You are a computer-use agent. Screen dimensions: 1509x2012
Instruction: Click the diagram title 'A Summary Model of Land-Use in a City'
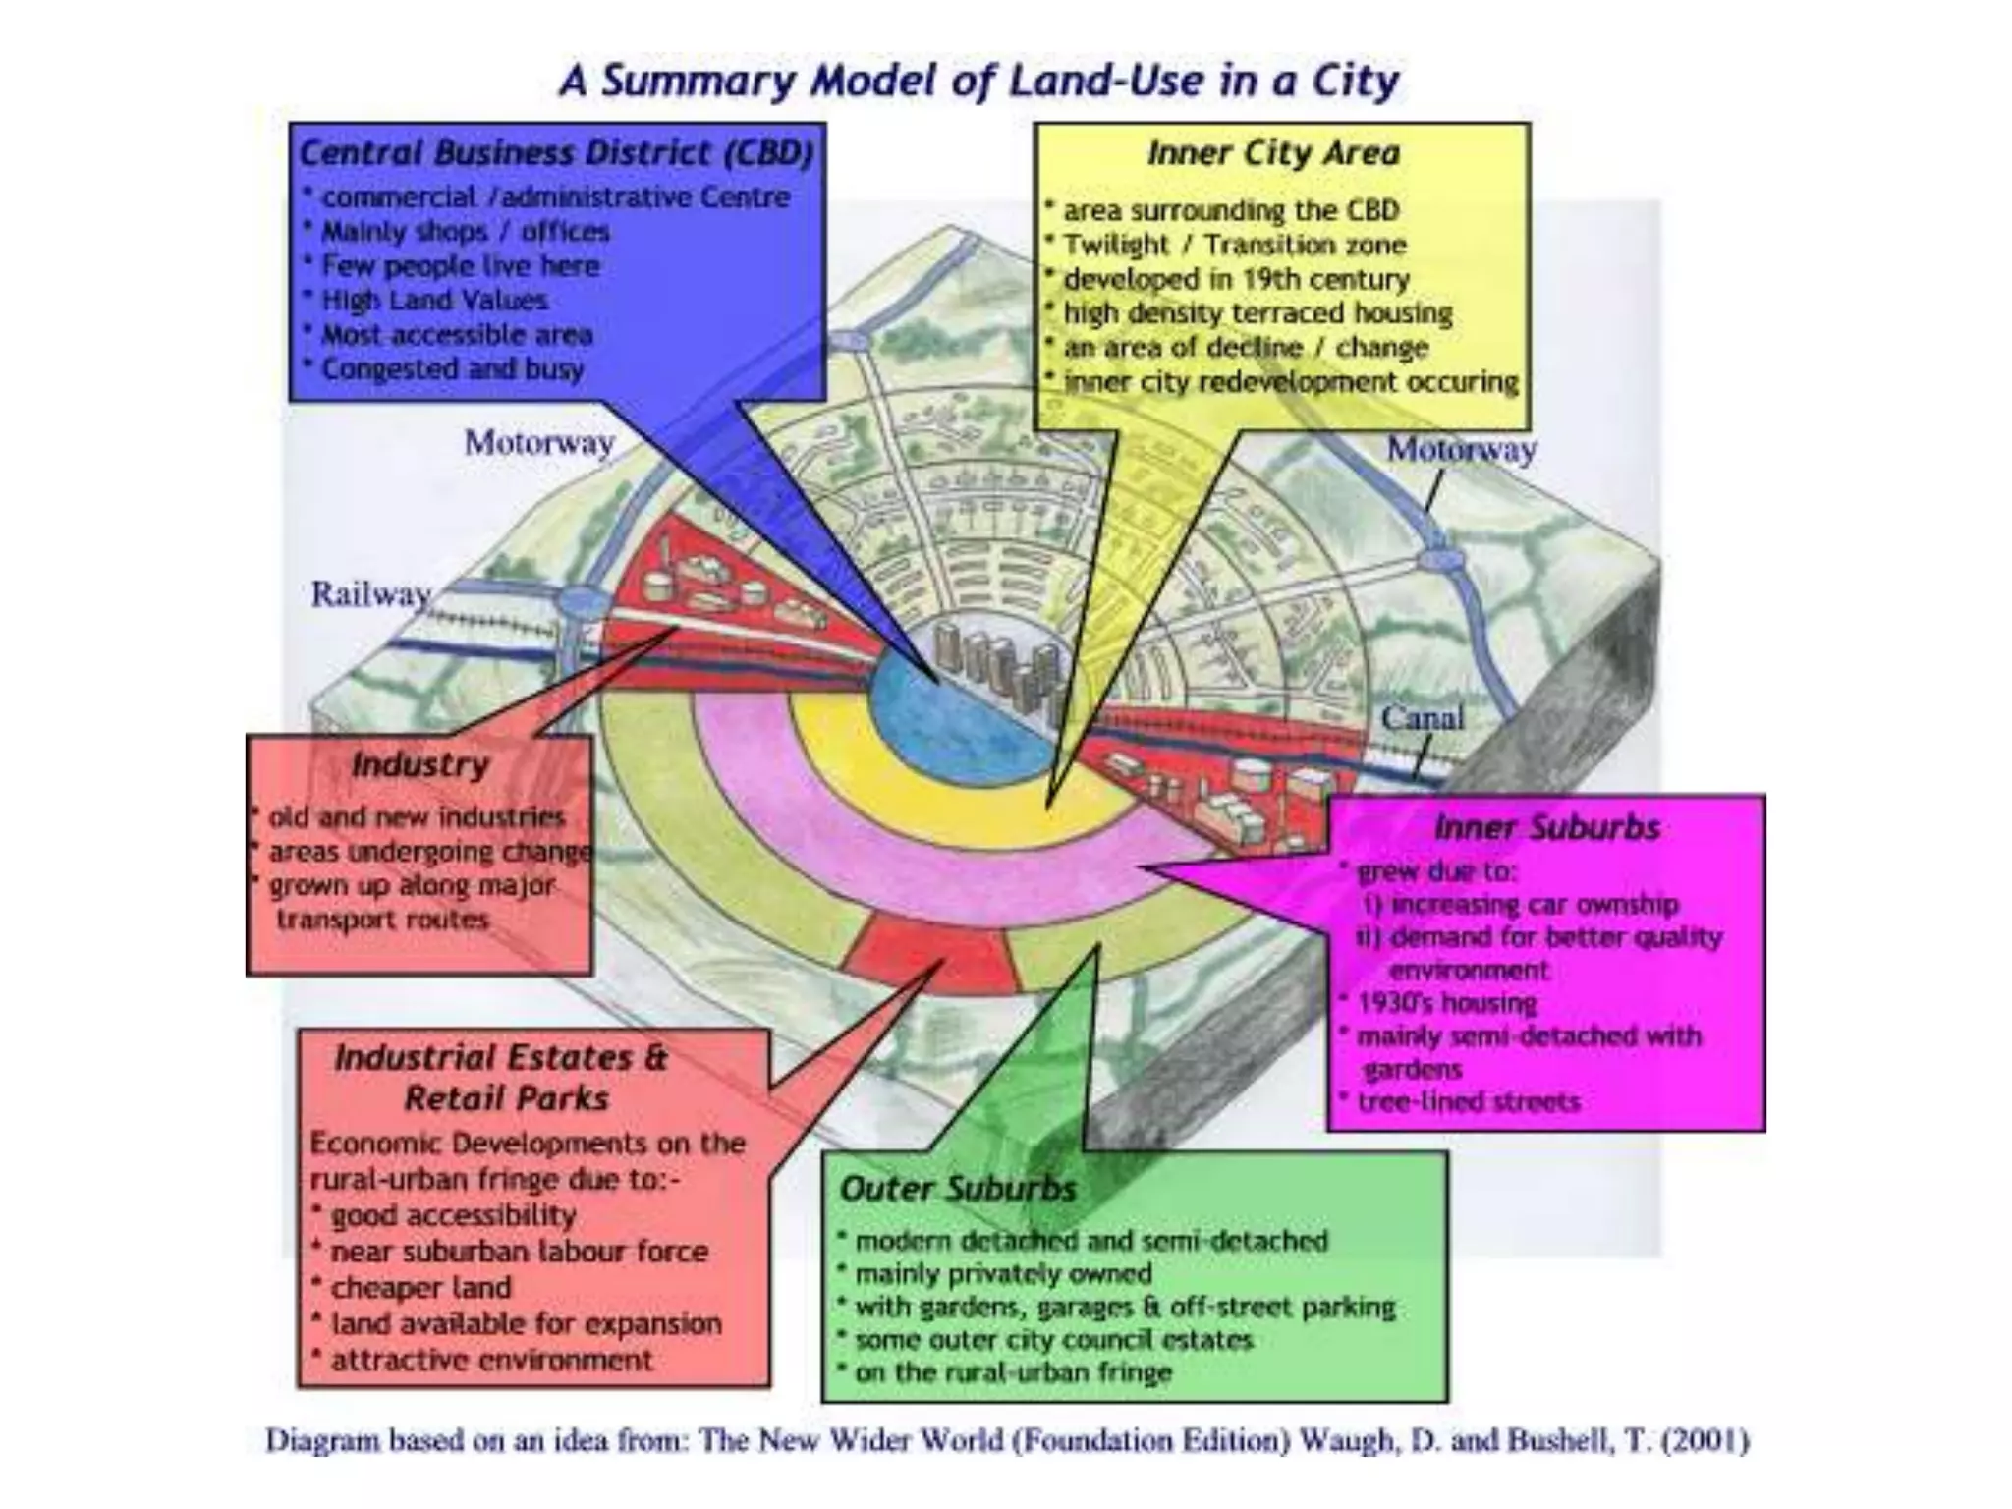979,81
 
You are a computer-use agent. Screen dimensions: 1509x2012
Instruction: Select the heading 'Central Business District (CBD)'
556,153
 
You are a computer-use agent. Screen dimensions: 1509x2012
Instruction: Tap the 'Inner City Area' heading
1273,153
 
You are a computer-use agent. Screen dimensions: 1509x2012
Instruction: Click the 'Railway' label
370,594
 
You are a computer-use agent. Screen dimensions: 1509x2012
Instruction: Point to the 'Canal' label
1422,718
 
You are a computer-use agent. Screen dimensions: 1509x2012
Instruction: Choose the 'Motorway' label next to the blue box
539,443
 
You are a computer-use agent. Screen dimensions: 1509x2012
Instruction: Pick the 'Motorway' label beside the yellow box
1461,450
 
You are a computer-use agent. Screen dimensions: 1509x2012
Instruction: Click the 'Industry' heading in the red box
420,764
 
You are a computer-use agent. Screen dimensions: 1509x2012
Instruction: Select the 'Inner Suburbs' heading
1546,828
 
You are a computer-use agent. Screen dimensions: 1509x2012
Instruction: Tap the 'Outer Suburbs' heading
958,1189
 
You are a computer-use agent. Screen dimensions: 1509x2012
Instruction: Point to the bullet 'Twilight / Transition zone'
1234,245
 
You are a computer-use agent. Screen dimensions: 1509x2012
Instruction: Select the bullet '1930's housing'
1446,1003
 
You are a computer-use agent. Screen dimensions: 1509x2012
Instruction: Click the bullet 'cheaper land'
420,1287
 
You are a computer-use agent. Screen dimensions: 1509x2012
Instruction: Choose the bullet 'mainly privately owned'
1002,1274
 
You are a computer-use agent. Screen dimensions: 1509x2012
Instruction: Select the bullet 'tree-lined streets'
1468,1102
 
